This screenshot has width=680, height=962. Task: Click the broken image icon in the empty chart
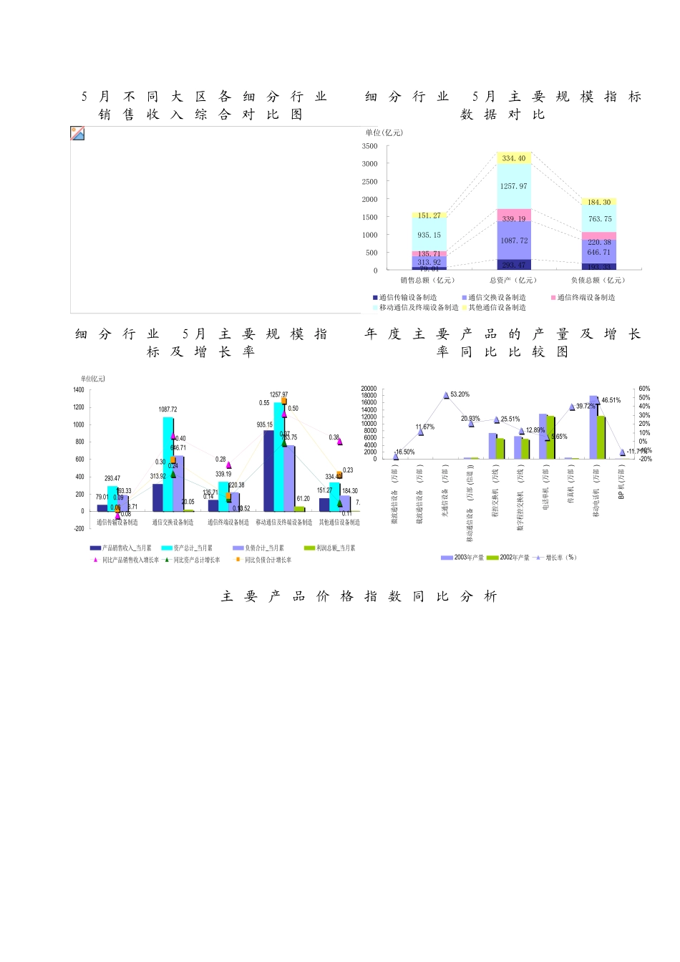(x=77, y=133)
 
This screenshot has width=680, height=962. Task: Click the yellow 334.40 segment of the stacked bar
(x=514, y=158)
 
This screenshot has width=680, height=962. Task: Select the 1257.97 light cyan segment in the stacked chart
(x=514, y=186)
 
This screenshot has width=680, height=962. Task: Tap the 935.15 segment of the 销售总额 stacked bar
(x=429, y=235)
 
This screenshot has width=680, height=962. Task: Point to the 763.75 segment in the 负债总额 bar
(x=599, y=219)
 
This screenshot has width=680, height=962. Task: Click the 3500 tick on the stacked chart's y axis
(x=369, y=146)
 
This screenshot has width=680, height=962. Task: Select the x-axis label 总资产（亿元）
(x=513, y=281)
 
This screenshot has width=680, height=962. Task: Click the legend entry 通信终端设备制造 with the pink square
(x=583, y=298)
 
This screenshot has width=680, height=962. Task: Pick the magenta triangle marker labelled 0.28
(x=229, y=465)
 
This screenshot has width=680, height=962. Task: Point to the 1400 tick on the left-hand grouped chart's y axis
(x=79, y=390)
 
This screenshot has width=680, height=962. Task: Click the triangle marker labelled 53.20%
(x=446, y=395)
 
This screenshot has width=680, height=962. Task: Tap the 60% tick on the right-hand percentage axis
(x=644, y=389)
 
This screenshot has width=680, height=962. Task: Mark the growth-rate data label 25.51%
(x=510, y=419)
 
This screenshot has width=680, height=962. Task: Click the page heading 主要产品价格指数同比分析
(x=359, y=596)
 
